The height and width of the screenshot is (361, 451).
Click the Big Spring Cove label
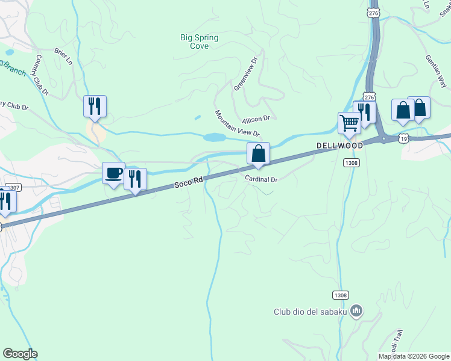click(x=199, y=42)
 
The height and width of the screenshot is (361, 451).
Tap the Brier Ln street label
click(x=63, y=57)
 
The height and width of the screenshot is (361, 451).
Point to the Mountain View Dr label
click(x=237, y=123)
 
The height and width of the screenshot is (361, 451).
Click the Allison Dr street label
click(x=256, y=120)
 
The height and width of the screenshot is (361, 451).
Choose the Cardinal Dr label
click(x=260, y=179)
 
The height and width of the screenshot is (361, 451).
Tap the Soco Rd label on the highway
click(x=189, y=182)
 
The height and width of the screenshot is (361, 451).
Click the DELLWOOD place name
click(x=341, y=146)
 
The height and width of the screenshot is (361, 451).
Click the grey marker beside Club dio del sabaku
click(x=356, y=310)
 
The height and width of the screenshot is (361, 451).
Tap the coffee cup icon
click(x=114, y=174)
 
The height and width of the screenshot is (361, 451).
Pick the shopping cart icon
click(x=349, y=123)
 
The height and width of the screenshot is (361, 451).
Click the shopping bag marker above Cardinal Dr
click(x=258, y=153)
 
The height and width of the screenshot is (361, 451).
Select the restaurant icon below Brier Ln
click(x=95, y=106)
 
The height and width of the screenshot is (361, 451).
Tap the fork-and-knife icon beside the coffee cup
click(x=135, y=179)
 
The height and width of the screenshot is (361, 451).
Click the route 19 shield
click(x=403, y=138)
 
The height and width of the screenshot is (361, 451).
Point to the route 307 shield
click(x=14, y=188)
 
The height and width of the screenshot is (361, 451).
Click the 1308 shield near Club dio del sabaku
click(x=340, y=295)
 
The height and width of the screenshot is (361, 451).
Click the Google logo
click(x=20, y=354)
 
